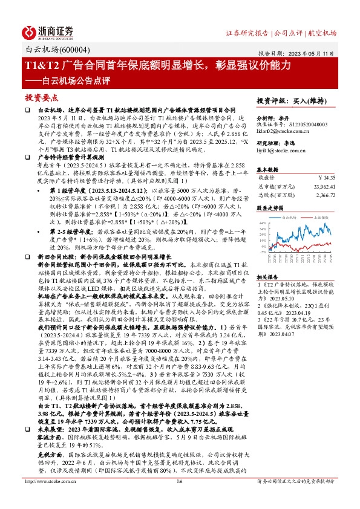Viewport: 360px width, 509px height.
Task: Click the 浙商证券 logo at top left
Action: [x=48, y=32]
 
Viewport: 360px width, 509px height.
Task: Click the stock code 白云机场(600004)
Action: [x=53, y=51]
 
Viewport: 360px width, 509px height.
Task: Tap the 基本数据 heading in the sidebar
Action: [x=269, y=169]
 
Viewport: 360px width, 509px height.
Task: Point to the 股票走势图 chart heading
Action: [x=270, y=207]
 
